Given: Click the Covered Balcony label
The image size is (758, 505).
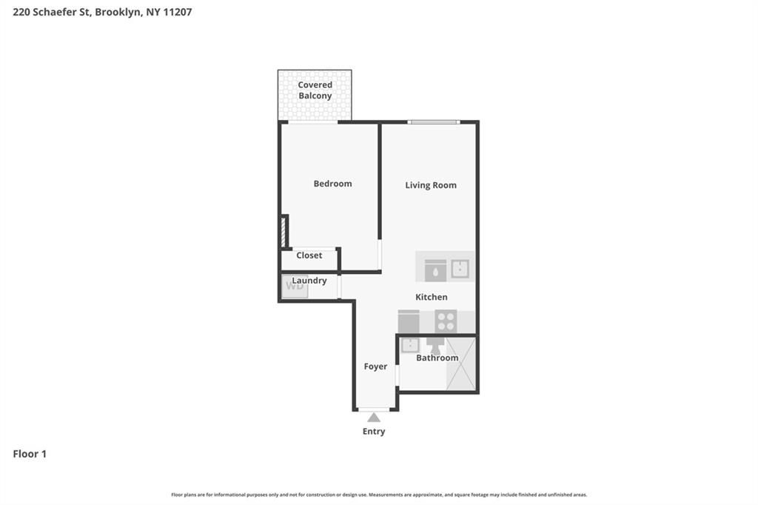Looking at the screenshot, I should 315,90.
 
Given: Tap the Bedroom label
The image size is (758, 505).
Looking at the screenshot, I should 332,184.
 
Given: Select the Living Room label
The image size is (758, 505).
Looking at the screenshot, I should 430,185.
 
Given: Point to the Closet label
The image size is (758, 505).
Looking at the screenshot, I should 309,255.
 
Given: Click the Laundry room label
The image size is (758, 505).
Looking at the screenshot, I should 309,281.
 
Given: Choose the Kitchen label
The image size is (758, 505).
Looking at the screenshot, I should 431,297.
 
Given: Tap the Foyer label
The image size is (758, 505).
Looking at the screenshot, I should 375,367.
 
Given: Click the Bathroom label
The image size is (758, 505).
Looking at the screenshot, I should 437,358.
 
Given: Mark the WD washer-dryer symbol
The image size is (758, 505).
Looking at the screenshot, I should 295,287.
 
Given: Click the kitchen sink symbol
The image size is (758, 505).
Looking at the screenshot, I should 460,269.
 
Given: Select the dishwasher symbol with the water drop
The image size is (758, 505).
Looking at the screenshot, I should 435,270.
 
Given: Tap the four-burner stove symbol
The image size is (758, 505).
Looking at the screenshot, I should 446,321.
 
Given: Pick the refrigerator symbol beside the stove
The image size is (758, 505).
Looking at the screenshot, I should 409,321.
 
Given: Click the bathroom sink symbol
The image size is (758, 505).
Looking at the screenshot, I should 410,345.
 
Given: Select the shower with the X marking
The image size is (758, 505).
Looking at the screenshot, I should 460,364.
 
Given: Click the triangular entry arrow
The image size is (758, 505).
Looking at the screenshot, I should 374,418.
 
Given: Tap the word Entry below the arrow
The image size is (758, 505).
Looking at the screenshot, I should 374,432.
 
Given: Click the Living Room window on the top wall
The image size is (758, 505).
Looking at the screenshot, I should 434,121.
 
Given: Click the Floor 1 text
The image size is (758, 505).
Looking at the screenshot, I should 30,454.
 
